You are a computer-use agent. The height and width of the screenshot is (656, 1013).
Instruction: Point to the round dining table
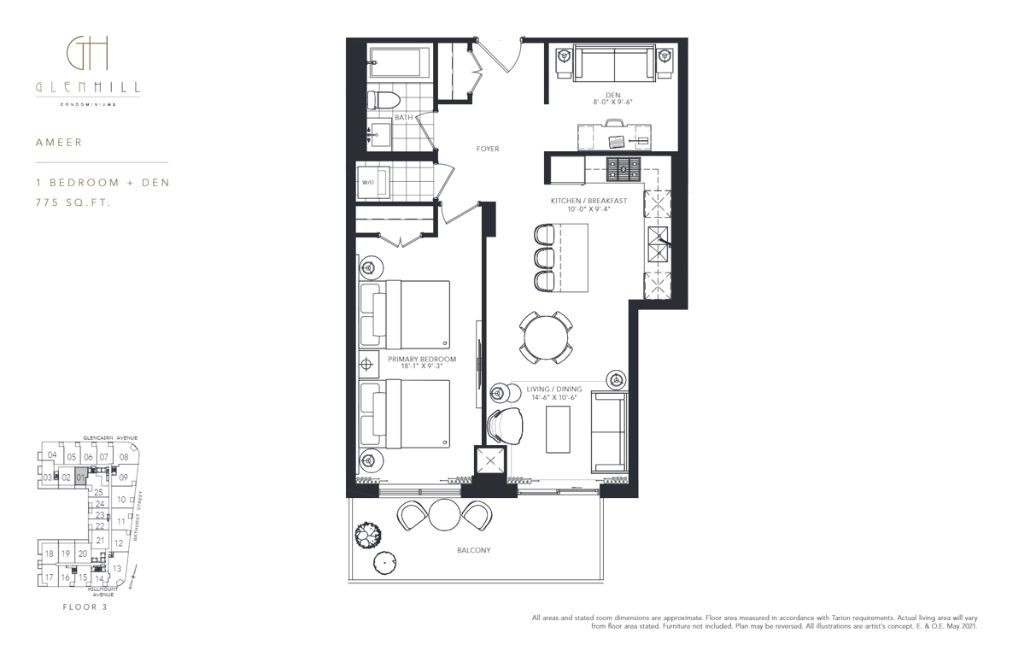point(547,337)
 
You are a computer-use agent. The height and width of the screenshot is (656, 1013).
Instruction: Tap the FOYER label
point(488,149)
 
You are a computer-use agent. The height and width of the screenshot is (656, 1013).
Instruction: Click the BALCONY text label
point(473,551)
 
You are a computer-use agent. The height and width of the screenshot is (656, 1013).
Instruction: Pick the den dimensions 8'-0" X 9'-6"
point(612,102)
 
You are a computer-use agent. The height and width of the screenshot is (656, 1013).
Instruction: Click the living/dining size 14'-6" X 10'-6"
point(553,397)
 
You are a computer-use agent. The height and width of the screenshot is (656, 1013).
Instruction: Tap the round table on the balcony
point(444,515)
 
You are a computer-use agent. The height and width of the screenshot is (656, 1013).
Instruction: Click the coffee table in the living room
point(559,429)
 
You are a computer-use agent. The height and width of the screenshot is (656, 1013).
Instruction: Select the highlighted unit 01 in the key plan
point(81,477)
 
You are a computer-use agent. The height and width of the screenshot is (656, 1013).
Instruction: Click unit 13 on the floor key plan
point(117,569)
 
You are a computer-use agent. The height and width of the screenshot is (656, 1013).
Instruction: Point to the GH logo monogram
point(87,54)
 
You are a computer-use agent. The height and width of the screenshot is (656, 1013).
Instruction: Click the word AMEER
point(59,142)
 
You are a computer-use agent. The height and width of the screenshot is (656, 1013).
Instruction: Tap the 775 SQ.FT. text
point(73,202)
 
